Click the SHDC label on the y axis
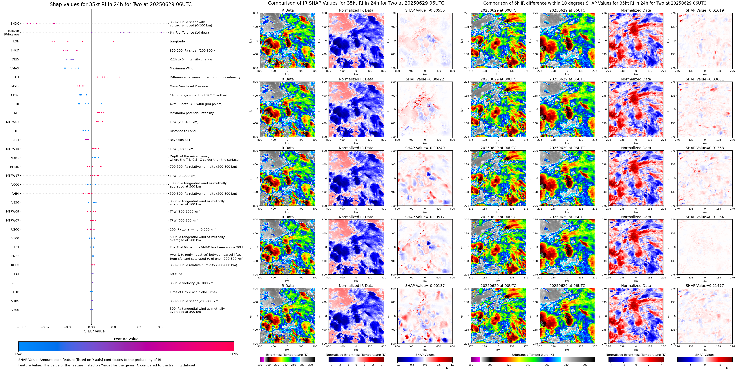click(15, 24)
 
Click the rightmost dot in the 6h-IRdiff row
click(161, 32)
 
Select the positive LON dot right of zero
click(113, 41)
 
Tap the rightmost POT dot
click(119, 77)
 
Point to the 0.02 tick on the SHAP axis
click(138, 327)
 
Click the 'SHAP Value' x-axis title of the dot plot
click(94, 331)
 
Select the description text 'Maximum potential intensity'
click(192, 113)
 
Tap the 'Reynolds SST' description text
click(180, 140)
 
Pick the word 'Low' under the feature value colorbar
click(18, 354)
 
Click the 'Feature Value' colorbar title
click(126, 339)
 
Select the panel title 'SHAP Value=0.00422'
click(425, 79)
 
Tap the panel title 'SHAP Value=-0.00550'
click(425, 10)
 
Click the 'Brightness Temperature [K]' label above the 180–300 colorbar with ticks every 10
click(287, 355)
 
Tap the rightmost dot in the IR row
click(101, 104)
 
